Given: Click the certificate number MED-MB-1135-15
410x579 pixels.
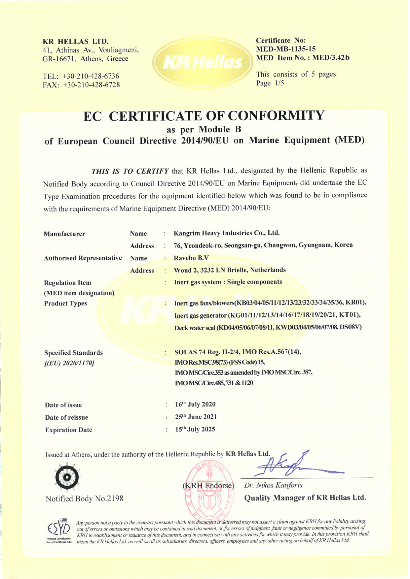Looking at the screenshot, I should [x=285, y=49].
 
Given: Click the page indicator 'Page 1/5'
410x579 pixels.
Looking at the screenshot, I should [x=270, y=83].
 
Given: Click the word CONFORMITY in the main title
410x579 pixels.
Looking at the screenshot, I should [x=276, y=115].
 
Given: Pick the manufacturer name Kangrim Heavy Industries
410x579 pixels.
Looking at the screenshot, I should [x=227, y=233].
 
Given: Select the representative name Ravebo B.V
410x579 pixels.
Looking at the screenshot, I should [x=191, y=258].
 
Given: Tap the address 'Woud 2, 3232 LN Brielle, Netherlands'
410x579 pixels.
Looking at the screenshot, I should [x=230, y=270].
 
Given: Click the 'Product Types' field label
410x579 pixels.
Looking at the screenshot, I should [x=65, y=303].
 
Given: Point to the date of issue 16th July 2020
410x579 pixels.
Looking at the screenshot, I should [x=195, y=404].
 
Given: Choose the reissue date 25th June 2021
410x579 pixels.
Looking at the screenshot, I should [x=196, y=417].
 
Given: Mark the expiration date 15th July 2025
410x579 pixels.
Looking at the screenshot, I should [x=195, y=429].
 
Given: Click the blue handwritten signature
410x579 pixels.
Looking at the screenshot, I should [x=291, y=465].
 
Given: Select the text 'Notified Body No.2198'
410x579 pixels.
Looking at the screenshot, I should [x=84, y=499].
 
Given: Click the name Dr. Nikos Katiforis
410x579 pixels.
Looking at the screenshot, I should [x=273, y=485].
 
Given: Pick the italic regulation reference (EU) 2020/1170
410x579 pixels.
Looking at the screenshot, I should [x=69, y=363].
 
